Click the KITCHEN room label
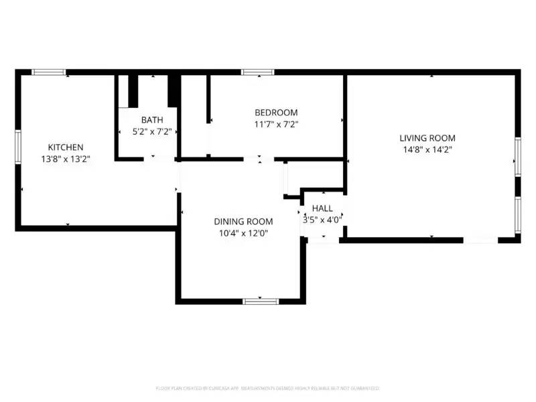point(65,147)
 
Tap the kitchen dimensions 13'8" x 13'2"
point(65,159)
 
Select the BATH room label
point(152,121)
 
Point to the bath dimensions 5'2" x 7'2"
point(152,133)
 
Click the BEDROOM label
point(276,112)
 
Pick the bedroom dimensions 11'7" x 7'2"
point(276,124)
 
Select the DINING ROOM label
point(243,222)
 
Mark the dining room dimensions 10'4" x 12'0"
point(243,234)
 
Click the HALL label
point(322,208)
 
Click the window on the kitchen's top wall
point(49,72)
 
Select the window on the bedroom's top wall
point(258,72)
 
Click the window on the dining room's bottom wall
point(261,301)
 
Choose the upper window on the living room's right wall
point(517,157)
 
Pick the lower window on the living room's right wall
point(517,214)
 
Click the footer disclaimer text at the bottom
point(268,388)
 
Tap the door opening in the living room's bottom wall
point(480,239)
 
